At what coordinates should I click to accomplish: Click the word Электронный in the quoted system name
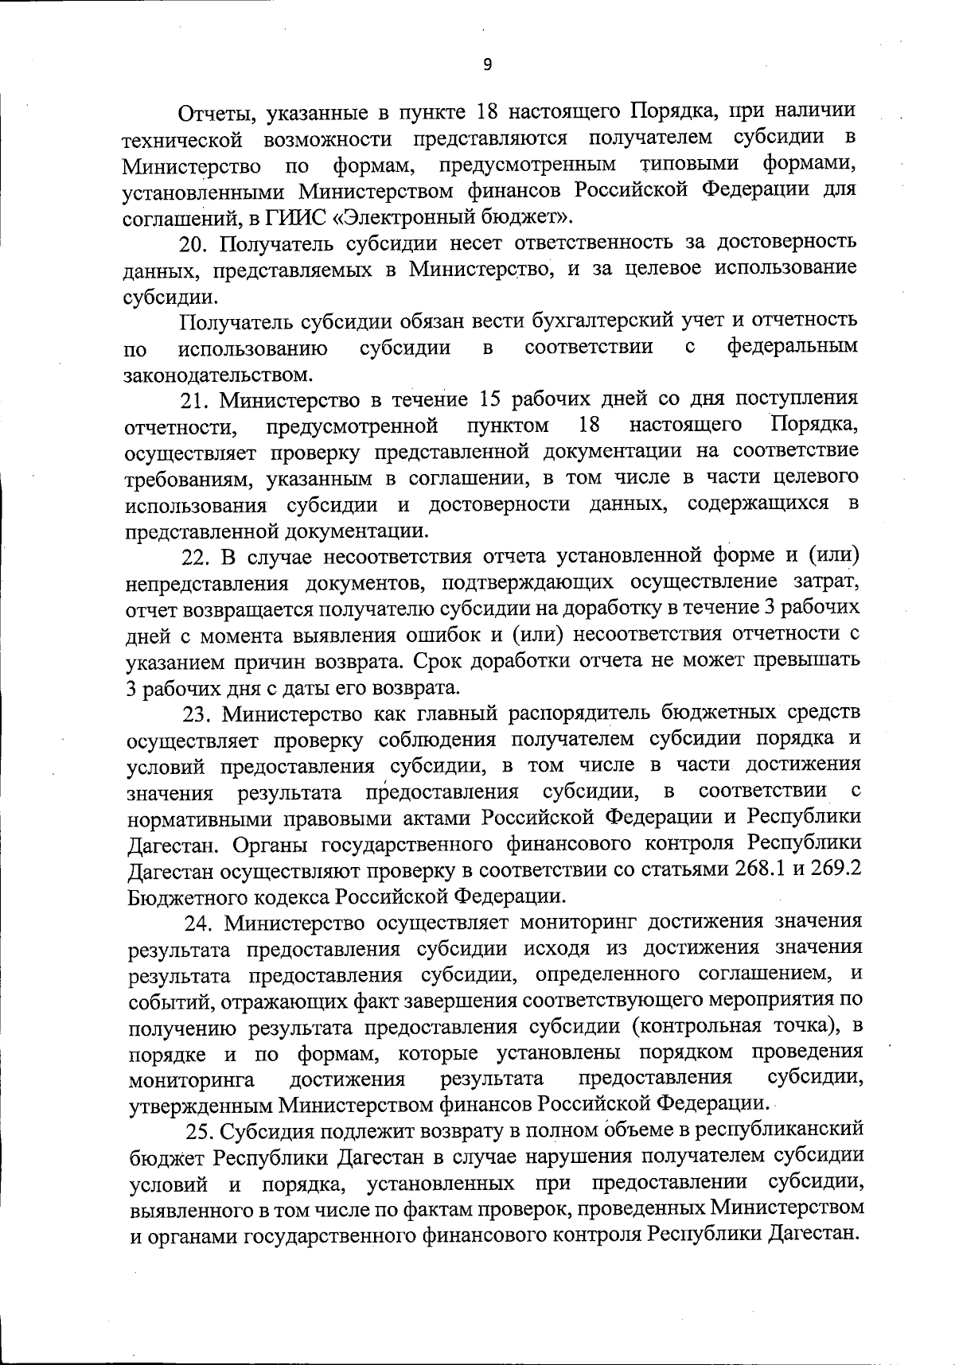[425, 216]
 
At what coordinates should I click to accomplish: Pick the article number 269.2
[835, 869]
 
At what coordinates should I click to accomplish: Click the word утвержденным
[200, 1105]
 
